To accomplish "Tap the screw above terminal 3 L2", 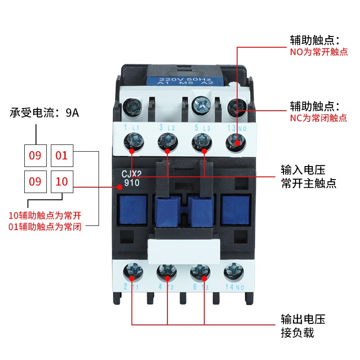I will tap(167, 143).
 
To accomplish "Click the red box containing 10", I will tap(62, 182).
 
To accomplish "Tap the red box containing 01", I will tap(62, 156).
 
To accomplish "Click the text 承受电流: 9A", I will tap(45, 113).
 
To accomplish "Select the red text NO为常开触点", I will tap(319, 52).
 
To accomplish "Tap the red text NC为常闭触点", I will tap(318, 118).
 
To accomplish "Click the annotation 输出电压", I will tap(303, 320).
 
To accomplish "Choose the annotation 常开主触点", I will tap(309, 184).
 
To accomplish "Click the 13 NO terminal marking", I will tap(234, 127).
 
